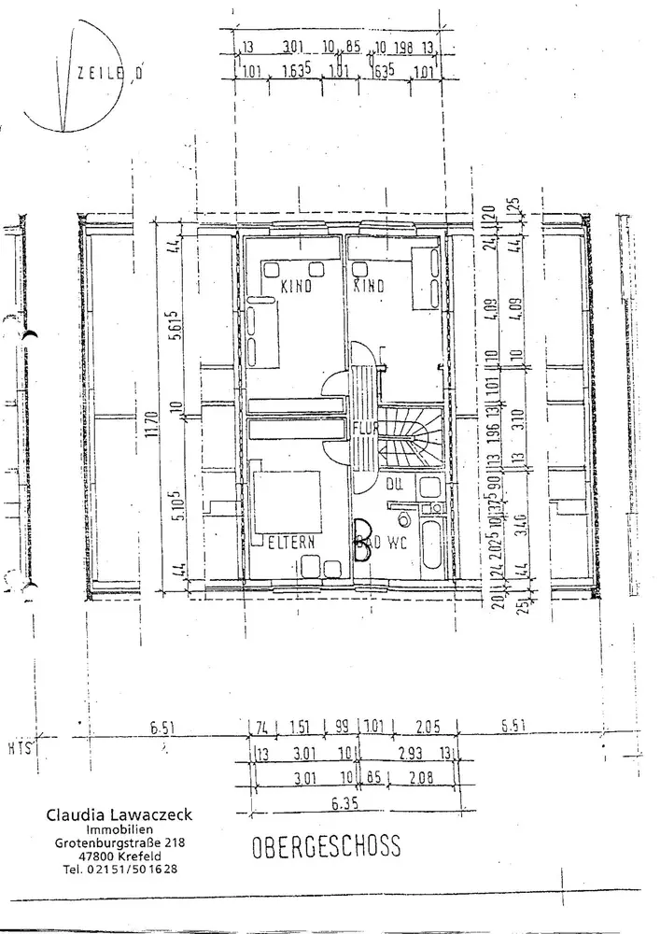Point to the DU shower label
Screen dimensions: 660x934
pyautogui.click(x=395, y=483)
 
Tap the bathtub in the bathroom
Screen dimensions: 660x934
pyautogui.click(x=432, y=545)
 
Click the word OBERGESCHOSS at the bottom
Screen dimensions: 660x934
pyautogui.click(x=326, y=847)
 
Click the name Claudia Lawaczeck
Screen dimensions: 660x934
pyautogui.click(x=114, y=814)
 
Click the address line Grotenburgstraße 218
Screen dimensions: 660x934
pyautogui.click(x=120, y=842)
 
